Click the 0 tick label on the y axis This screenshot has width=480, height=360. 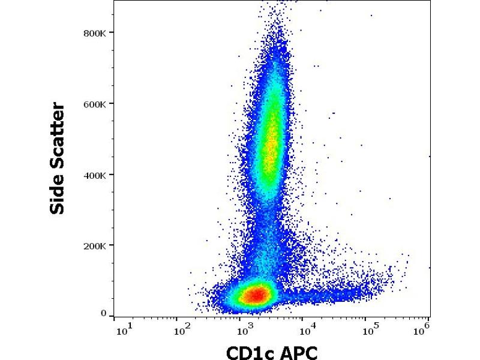click(103, 313)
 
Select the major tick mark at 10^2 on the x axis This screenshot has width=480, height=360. click(176, 319)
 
